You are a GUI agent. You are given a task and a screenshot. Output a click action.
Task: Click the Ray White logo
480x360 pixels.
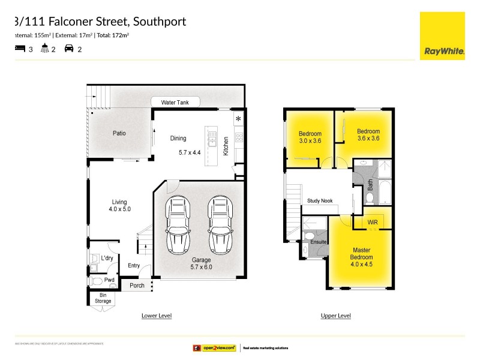coord(443,35)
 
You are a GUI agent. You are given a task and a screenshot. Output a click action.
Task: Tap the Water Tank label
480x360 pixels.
coord(175,103)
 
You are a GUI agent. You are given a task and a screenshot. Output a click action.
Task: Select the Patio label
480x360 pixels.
coord(119,133)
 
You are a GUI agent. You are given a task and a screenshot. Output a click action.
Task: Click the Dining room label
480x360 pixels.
coord(178,138)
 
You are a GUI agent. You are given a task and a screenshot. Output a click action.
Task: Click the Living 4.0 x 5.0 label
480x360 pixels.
coord(119,206)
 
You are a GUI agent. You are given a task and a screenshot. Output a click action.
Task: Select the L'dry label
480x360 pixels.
coord(107,258)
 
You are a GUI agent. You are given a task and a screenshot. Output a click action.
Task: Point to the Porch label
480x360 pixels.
coord(137,285)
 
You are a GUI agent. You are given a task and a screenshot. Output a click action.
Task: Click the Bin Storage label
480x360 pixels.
coord(103,298)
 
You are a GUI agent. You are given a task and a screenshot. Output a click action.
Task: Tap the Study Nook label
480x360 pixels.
coord(320,201)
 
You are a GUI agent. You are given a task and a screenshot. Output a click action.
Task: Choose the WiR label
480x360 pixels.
coord(373,222)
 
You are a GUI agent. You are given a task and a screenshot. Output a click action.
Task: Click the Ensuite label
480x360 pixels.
coord(319,242)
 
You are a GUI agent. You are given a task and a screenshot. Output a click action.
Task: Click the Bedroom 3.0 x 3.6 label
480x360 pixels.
coord(310,137)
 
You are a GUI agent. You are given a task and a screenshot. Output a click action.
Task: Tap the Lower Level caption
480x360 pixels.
coord(157,316)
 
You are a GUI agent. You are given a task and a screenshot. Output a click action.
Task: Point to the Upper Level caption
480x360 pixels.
coord(336,316)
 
